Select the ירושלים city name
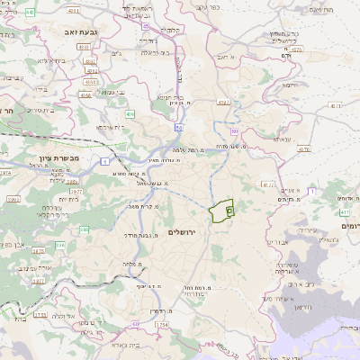coord(181,231)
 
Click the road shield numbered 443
coord(30,12)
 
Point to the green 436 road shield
coord(130,114)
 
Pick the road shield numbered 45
coord(146,25)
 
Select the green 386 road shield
coord(60,244)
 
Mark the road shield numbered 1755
coord(40,315)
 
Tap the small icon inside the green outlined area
coord(228,210)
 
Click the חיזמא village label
coord(290,84)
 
